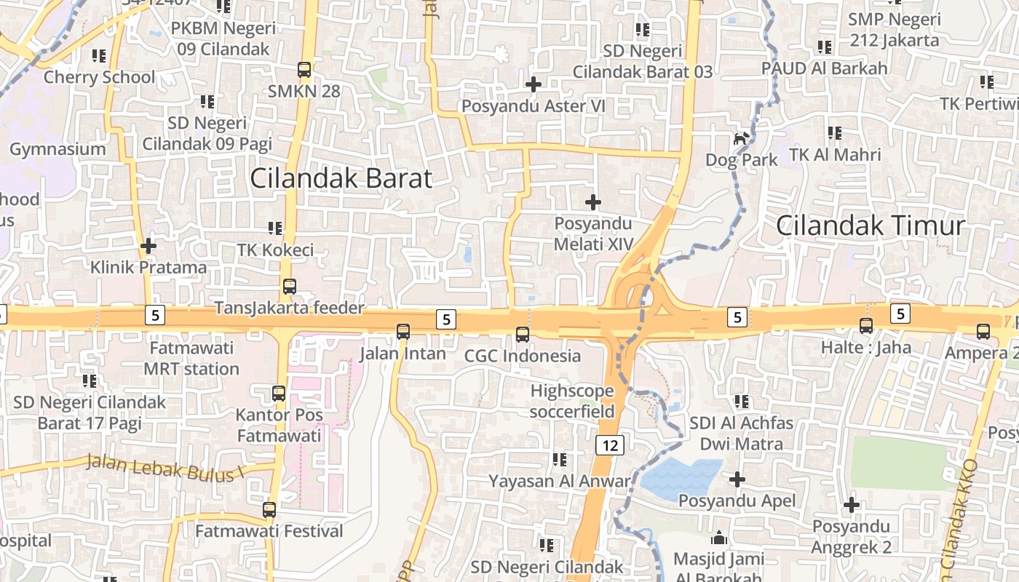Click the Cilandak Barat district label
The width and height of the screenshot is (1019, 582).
tap(341, 178)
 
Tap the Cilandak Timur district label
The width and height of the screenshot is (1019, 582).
tap(870, 226)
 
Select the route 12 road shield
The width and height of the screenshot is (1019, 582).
tap(609, 445)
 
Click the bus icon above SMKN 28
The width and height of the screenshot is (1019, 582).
tap(304, 71)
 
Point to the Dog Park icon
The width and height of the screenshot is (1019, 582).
tap(741, 138)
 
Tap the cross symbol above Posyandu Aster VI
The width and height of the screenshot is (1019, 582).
tap(534, 84)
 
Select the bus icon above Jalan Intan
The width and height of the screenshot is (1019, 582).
tap(403, 332)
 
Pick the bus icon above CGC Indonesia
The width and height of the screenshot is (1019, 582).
tap(523, 335)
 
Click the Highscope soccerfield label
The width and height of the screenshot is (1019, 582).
tap(572, 401)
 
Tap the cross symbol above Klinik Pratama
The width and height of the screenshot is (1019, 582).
tap(148, 246)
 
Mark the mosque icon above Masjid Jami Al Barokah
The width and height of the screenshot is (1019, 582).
tap(719, 538)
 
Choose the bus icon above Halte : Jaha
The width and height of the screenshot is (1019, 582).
tap(866, 326)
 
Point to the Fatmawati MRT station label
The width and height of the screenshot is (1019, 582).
tap(191, 358)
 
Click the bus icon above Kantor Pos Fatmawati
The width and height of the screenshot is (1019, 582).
tap(279, 394)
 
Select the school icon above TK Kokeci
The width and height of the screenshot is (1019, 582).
tap(275, 228)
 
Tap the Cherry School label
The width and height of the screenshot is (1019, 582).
tap(100, 77)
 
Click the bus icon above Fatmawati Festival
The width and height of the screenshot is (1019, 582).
tap(269, 510)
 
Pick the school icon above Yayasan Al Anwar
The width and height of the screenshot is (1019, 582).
tap(559, 459)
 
